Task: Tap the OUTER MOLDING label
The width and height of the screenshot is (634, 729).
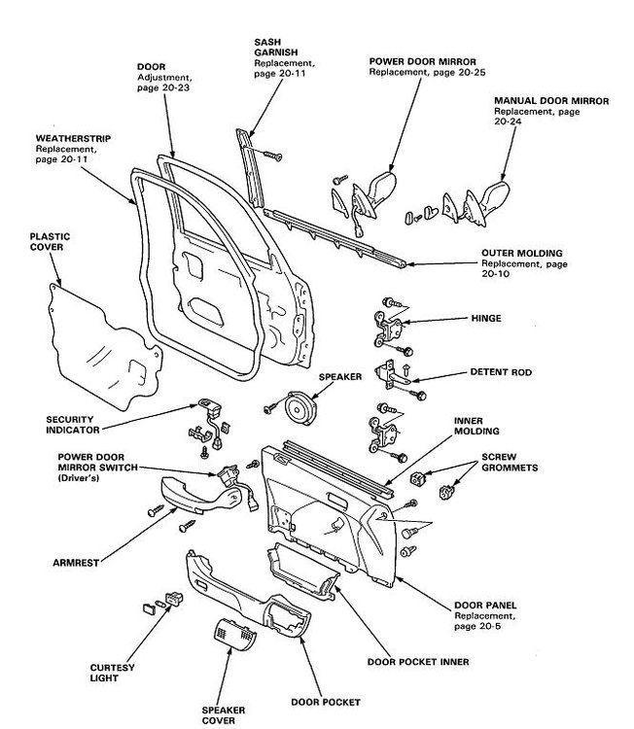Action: tap(521, 254)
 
